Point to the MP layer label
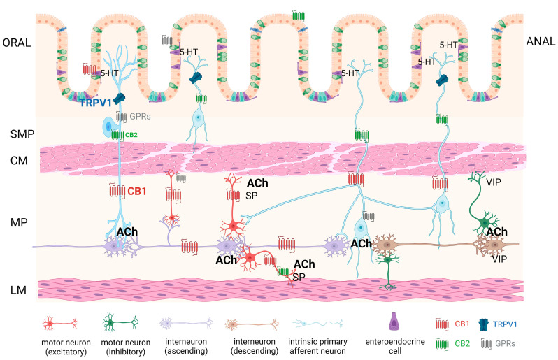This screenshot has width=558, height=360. pos(15,225)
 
